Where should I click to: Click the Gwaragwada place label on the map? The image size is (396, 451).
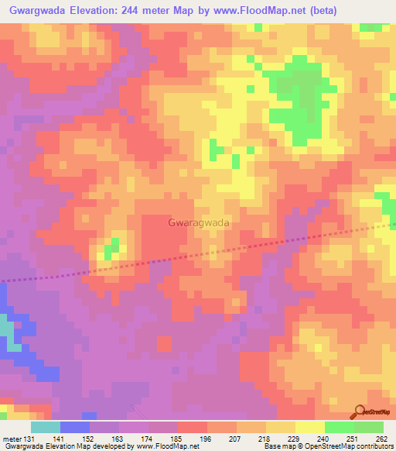click(x=198, y=222)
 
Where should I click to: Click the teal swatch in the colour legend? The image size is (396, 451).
click(x=46, y=427)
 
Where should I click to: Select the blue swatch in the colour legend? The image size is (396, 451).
click(x=75, y=427)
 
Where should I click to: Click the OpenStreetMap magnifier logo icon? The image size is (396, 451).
click(x=360, y=411)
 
